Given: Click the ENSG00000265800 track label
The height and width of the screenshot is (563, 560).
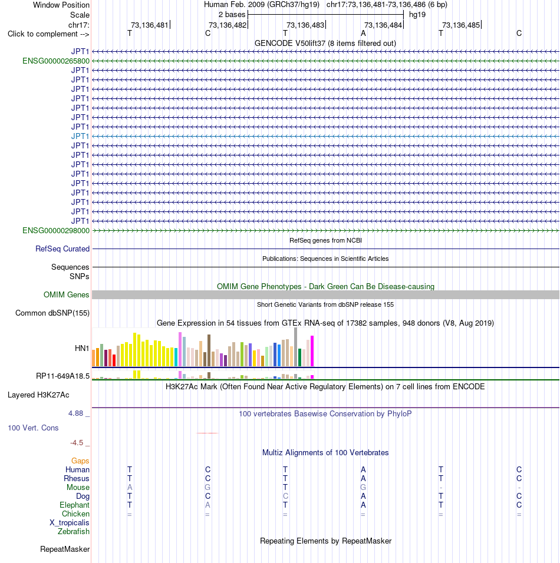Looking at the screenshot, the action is pos(56,61).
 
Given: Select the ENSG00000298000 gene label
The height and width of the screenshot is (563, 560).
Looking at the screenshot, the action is pos(56,230).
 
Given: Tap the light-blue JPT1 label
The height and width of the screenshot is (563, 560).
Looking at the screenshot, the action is pos(80,137).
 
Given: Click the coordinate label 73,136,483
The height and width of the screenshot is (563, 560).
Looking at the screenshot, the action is pos(305,25).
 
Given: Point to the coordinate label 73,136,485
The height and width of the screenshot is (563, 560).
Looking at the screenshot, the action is pos(461,25).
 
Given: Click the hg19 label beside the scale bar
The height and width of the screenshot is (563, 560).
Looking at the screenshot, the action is pos(417,15).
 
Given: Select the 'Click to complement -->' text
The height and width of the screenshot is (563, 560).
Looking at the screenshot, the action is pos(48,34).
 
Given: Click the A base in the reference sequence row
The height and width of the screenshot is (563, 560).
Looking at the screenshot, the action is pos(363,34).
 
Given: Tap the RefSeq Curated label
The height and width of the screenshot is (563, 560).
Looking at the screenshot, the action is pos(62,249).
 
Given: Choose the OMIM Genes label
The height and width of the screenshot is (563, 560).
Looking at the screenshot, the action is pos(66,295).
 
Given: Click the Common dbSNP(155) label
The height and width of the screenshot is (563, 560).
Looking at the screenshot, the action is pos(52,313).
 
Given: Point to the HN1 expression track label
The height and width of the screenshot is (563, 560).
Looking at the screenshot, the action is pos(81,348).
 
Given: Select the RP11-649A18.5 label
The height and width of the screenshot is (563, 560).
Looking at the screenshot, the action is pos(62,376).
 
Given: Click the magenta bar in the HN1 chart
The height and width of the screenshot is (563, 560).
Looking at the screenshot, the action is pos(312,351).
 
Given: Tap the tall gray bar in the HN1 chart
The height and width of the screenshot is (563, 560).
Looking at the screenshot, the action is pos(295,347).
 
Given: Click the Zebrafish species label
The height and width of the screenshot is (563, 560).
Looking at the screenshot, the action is pos(73,532).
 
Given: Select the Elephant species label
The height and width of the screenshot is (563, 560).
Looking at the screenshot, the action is pos(74,505).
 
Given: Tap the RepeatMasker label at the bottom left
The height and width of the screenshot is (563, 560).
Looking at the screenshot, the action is pos(65,549).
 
